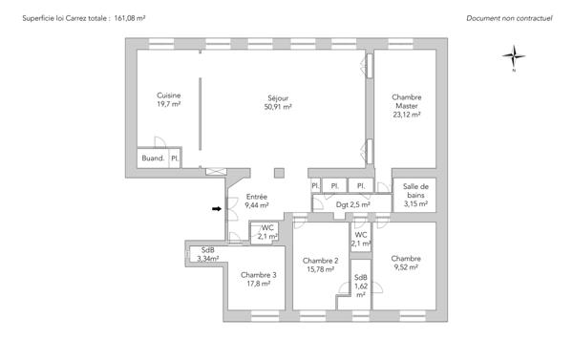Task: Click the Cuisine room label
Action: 169,96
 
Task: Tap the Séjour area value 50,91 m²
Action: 279,108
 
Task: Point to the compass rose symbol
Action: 513,57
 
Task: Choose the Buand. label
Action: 153,159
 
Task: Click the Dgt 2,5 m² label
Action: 352,204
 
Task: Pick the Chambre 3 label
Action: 259,275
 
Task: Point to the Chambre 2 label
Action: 321,261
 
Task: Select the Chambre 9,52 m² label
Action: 406,258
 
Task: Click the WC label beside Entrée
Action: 268,227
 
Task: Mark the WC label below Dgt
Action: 360,235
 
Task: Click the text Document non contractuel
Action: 510,18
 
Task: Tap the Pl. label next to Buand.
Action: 175,159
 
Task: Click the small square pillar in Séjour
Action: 278,173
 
